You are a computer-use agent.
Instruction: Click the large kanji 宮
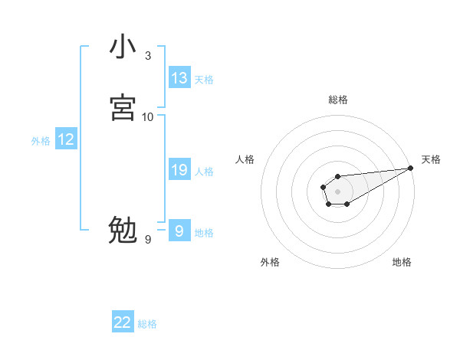click(x=123, y=107)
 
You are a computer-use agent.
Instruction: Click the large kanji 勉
click(x=123, y=230)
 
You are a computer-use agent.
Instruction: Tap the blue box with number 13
click(x=179, y=78)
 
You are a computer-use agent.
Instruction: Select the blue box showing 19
click(x=179, y=170)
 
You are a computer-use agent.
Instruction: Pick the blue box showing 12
click(x=65, y=139)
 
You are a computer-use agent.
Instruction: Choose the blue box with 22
click(x=123, y=322)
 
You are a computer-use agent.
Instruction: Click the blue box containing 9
click(x=179, y=231)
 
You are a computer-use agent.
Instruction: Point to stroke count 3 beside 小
click(x=148, y=56)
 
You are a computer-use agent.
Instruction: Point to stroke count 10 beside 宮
click(x=148, y=117)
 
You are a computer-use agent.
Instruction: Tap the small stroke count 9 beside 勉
click(x=148, y=240)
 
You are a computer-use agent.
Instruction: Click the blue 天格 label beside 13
click(x=204, y=80)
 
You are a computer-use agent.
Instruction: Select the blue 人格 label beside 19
click(x=204, y=172)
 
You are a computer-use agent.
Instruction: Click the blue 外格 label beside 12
click(x=41, y=141)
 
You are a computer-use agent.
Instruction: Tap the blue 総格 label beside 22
click(x=147, y=324)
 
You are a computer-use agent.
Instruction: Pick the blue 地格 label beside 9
click(x=204, y=233)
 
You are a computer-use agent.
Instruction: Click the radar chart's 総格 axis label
click(x=337, y=100)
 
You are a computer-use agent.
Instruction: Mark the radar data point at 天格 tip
click(x=411, y=168)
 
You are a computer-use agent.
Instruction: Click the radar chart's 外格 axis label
click(x=270, y=262)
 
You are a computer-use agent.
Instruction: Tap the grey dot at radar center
click(x=337, y=191)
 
